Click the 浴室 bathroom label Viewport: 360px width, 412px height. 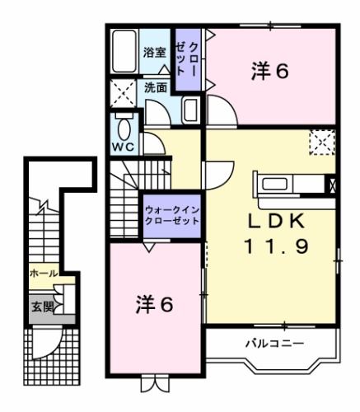click(154, 53)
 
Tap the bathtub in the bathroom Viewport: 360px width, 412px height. click(124, 54)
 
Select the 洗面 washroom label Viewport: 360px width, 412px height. click(156, 87)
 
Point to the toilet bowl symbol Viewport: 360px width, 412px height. click(124, 128)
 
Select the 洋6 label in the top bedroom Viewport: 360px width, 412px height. click(269, 73)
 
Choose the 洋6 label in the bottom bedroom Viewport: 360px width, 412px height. click(154, 305)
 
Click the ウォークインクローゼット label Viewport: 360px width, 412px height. click(171, 216)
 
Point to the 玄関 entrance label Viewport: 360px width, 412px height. click(40, 307)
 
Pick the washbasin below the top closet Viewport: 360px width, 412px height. click(189, 110)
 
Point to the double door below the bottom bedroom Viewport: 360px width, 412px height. click(153, 383)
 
